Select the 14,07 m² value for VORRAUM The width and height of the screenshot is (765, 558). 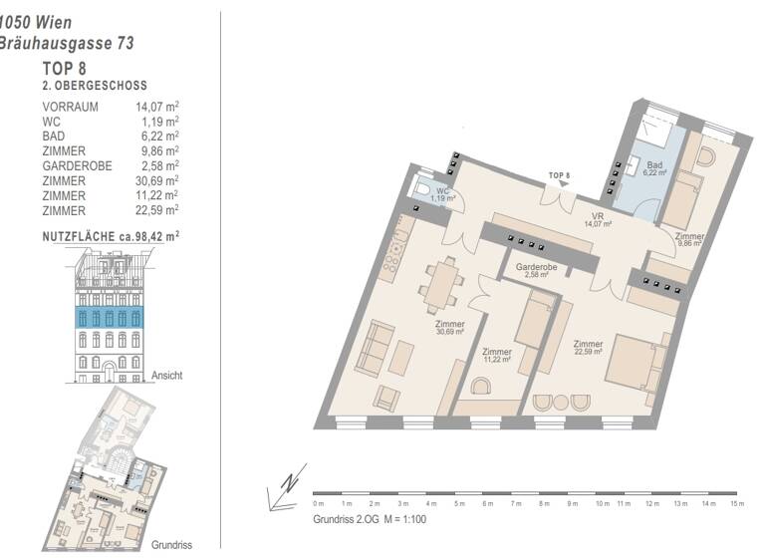tap(157, 106)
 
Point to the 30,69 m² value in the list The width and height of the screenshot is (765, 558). tap(157, 180)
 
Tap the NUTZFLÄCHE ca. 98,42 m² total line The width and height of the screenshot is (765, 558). tap(111, 236)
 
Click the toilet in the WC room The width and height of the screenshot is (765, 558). tap(422, 189)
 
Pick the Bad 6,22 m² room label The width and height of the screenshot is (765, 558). tap(654, 168)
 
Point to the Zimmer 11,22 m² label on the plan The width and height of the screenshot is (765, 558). tap(496, 356)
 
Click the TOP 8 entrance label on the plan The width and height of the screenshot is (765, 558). tap(560, 176)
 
